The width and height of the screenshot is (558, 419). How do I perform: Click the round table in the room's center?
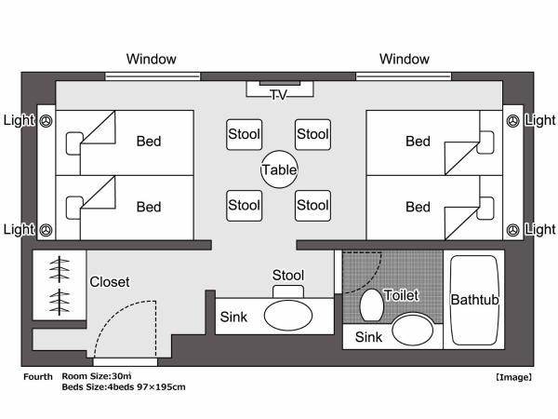coord(279,170)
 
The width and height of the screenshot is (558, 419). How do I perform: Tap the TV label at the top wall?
coord(279,96)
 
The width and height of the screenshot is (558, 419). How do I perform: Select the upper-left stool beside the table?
coord(244,134)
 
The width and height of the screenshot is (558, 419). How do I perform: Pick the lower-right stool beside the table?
coord(313,205)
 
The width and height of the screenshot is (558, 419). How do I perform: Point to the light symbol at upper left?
coord(46,120)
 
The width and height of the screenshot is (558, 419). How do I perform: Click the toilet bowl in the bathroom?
coord(372,304)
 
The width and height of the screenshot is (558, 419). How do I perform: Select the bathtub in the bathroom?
coord(475,300)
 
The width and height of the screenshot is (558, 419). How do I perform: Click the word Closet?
coord(110,281)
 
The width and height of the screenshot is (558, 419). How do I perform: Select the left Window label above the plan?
coord(152,59)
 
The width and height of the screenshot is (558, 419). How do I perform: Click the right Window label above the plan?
coord(405,59)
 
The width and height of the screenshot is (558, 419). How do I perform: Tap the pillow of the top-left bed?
coord(74,142)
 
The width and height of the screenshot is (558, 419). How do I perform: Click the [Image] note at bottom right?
coord(513,377)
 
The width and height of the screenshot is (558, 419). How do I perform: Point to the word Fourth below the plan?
coord(37,376)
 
